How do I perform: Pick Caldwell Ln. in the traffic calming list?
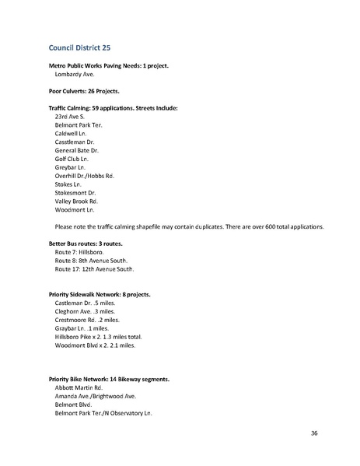coord(74,133)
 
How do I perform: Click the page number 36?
coord(313,433)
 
